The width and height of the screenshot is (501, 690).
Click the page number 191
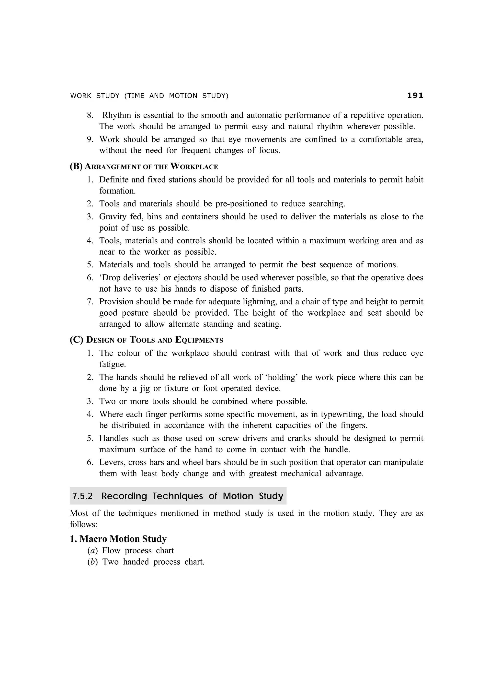[415, 96]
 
